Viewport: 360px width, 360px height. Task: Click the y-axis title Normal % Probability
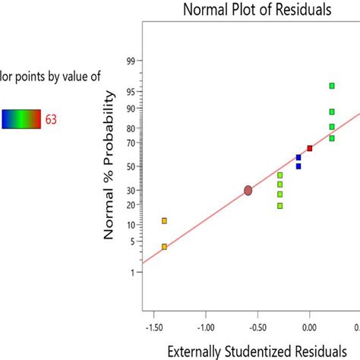pyautogui.click(x=109, y=165)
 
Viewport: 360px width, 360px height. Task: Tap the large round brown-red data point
pyautogui.click(x=248, y=191)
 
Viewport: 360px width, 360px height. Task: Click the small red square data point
pyautogui.click(x=309, y=148)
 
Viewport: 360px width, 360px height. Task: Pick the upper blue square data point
pyautogui.click(x=298, y=157)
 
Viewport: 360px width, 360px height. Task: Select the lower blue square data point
pyautogui.click(x=298, y=166)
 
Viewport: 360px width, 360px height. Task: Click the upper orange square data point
pyautogui.click(x=164, y=220)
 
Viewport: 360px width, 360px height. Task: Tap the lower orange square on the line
pyautogui.click(x=164, y=246)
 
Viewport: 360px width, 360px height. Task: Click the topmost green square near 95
pyautogui.click(x=332, y=86)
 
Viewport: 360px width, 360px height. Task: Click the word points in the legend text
pyautogui.click(x=34, y=76)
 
